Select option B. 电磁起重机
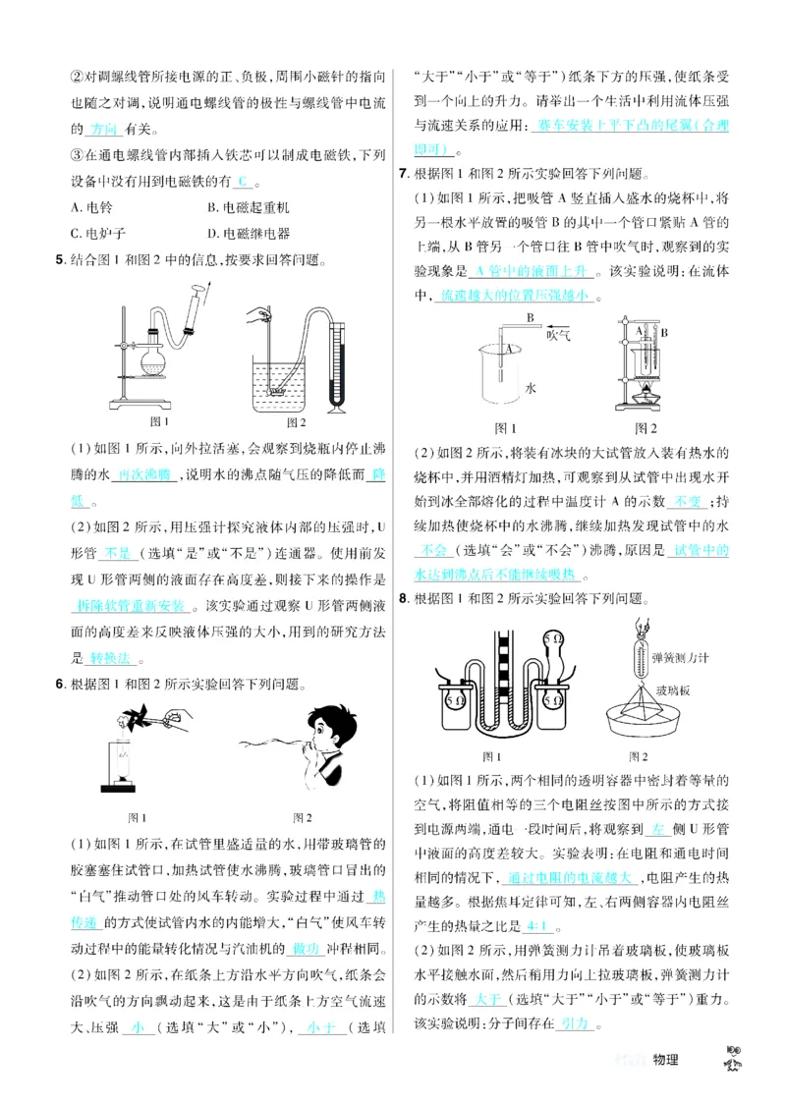[250, 207]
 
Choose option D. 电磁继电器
[250, 234]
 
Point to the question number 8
[403, 599]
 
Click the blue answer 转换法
[108, 658]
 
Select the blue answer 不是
[117, 553]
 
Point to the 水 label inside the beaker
[531, 388]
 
